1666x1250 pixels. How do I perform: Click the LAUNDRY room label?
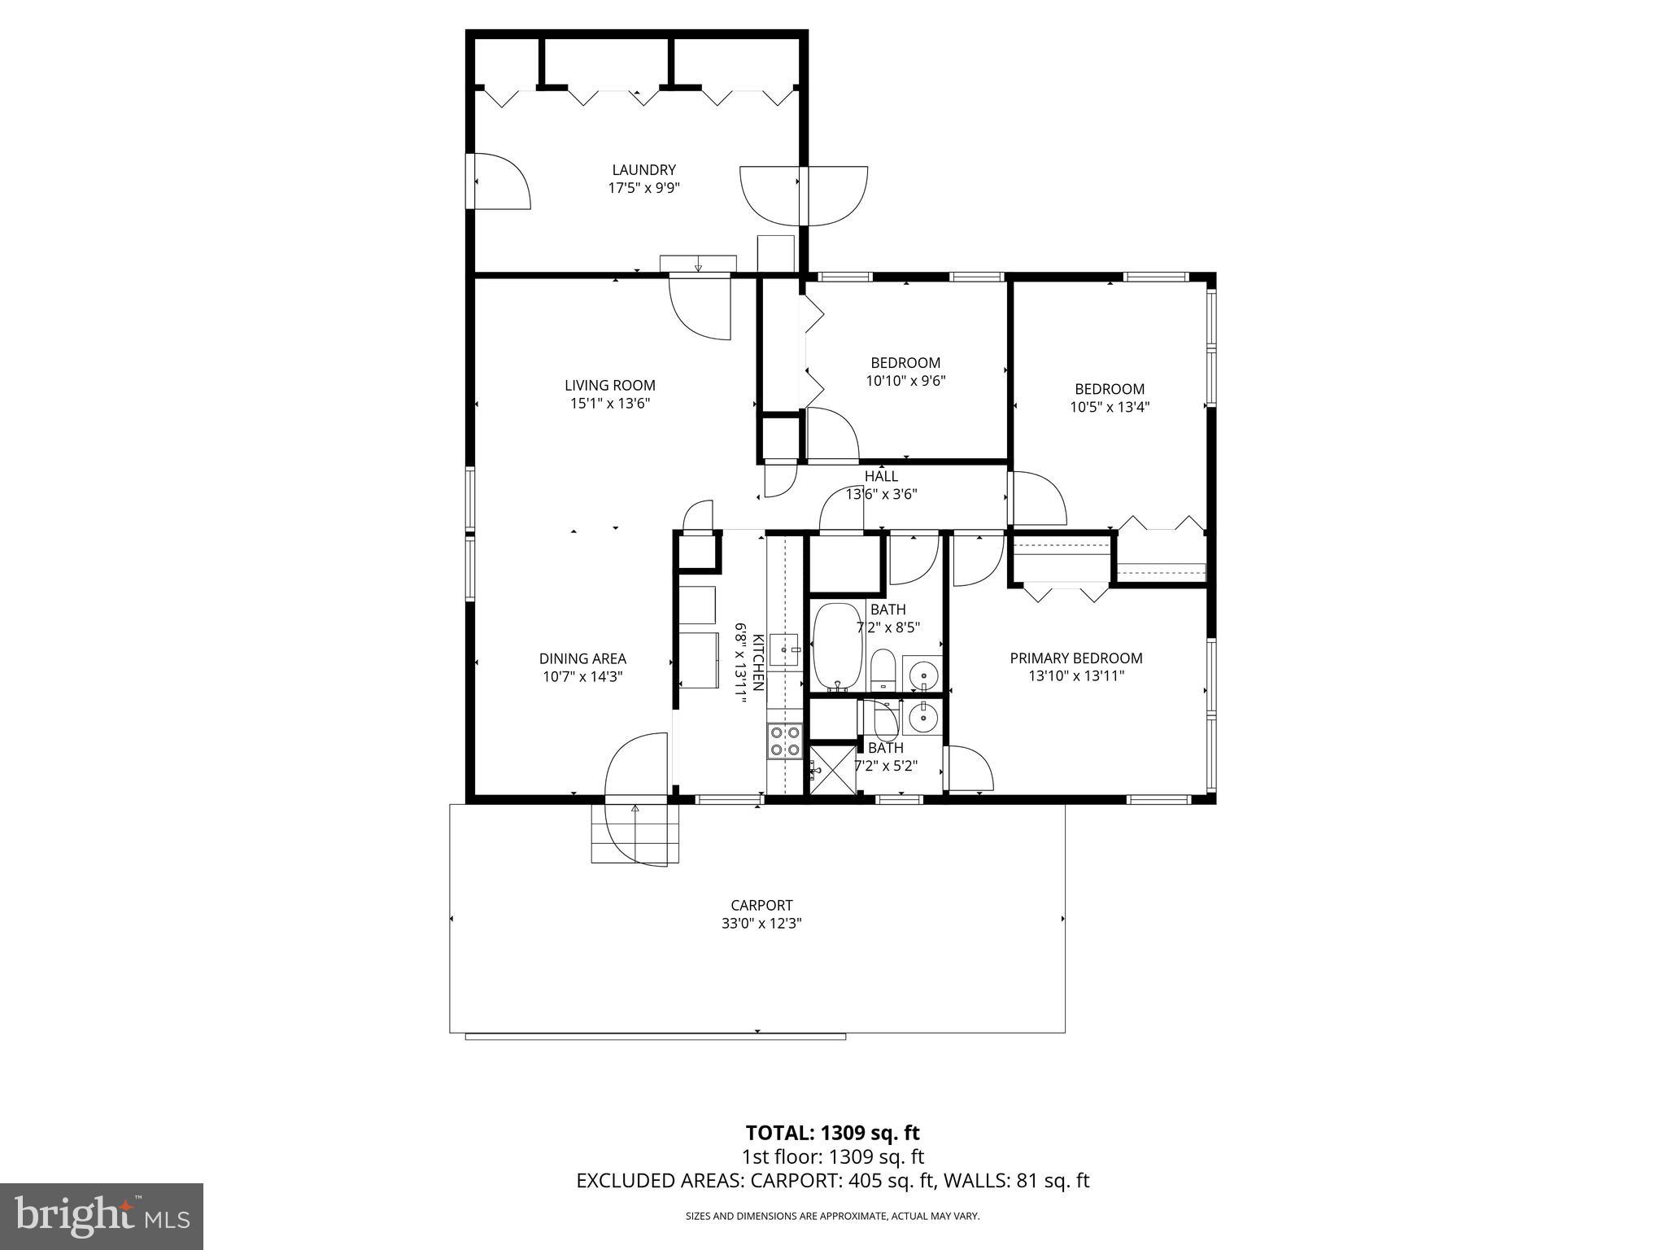tap(643, 170)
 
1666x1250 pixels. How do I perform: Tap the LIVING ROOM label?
tap(609, 385)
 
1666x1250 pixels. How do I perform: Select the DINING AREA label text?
tap(582, 658)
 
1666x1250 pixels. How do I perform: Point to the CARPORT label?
tap(761, 905)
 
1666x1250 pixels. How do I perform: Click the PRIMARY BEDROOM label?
tap(1075, 658)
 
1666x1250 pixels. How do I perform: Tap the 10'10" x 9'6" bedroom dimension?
tap(905, 380)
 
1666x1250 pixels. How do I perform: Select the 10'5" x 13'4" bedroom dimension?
tap(1109, 407)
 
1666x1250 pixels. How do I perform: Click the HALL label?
tap(881, 476)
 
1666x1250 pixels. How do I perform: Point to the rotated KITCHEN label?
tap(757, 662)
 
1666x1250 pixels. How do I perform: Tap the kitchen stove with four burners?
tap(784, 741)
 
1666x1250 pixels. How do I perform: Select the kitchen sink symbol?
tap(785, 649)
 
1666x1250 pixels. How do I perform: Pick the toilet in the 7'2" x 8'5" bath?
tap(883, 669)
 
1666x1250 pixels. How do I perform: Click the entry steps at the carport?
tap(634, 833)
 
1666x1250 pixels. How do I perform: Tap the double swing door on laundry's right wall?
tap(804, 195)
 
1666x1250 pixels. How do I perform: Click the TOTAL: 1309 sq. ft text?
tap(832, 1133)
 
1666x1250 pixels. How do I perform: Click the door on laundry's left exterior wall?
tap(498, 181)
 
